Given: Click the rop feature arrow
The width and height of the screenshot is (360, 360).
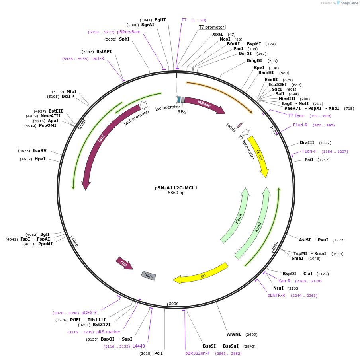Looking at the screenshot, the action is point(124,263).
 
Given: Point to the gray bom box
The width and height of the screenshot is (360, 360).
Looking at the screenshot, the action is point(149,276).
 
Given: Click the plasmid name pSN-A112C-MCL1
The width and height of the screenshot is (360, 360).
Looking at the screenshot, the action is point(176,188).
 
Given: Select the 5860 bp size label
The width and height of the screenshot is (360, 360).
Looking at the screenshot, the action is point(176,193).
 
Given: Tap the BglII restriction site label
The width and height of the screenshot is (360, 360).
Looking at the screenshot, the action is point(160,20).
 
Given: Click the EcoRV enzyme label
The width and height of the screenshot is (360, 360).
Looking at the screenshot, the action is point(39,150).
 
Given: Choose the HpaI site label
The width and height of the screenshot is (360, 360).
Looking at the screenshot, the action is point(40,159).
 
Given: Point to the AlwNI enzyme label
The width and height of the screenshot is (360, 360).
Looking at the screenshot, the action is point(234,334).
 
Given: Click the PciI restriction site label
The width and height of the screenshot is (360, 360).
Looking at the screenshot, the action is point(158,353).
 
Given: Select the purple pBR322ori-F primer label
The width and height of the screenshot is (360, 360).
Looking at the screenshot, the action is point(198,353).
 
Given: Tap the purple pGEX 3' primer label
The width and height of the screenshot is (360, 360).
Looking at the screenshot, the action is point(90,313).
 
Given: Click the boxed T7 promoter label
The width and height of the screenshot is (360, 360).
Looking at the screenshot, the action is point(212,27).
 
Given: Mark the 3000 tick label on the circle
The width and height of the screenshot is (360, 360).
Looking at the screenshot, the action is point(174,304).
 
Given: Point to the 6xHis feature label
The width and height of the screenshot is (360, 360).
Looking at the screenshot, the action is point(231,128).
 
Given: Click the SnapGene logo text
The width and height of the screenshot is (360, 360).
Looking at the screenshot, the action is point(349,3).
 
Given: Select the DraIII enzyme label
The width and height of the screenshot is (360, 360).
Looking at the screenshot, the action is point(307,142).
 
